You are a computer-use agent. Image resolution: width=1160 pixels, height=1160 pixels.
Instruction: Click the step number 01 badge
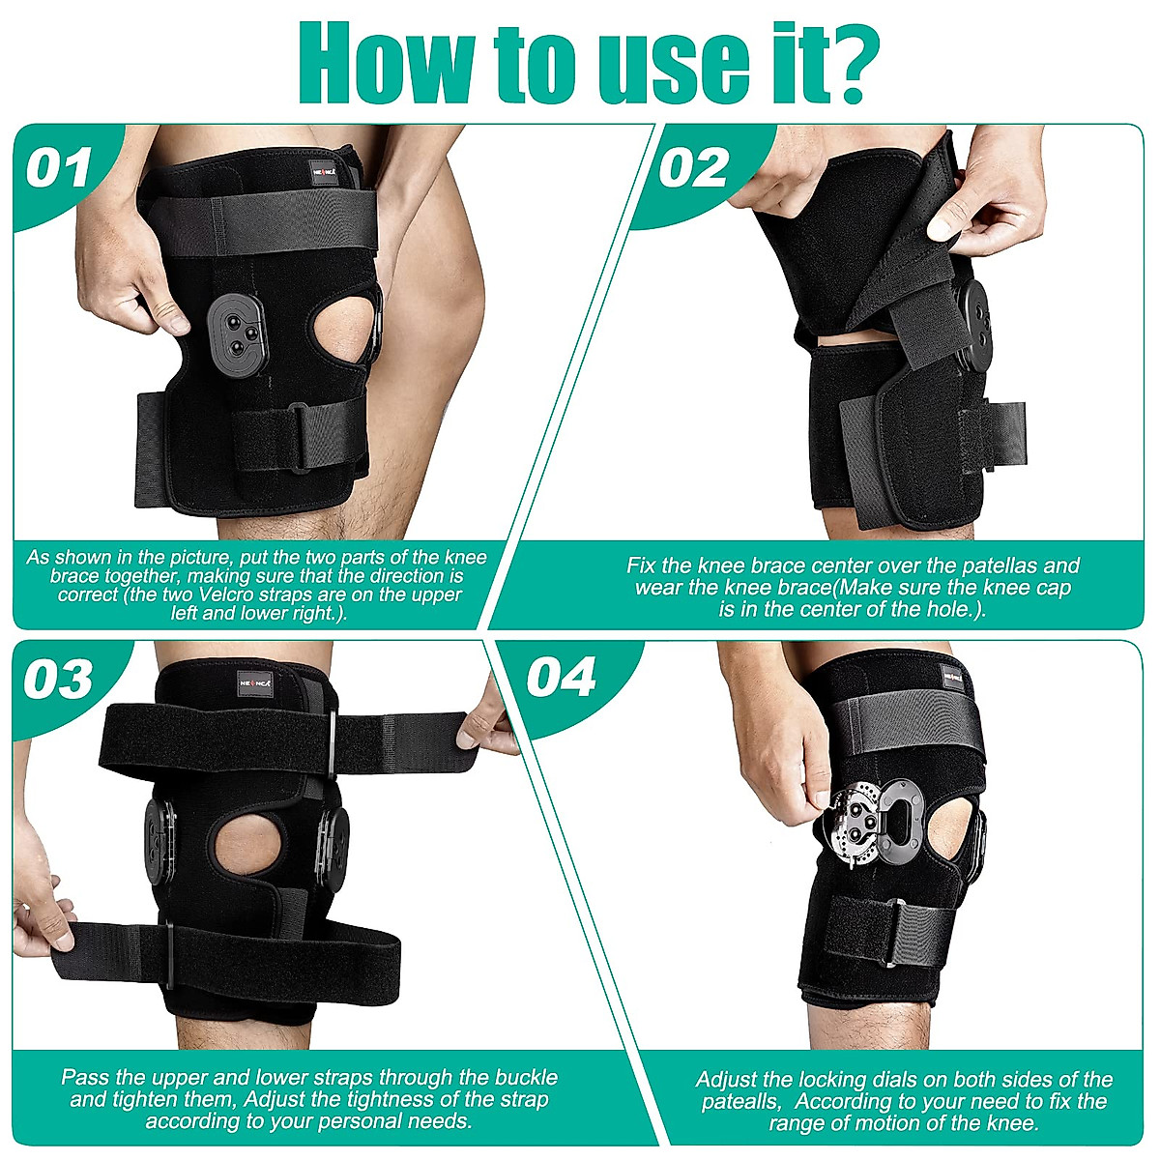[59, 167]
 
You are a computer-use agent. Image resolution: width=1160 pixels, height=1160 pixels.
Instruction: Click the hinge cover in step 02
[973, 323]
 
